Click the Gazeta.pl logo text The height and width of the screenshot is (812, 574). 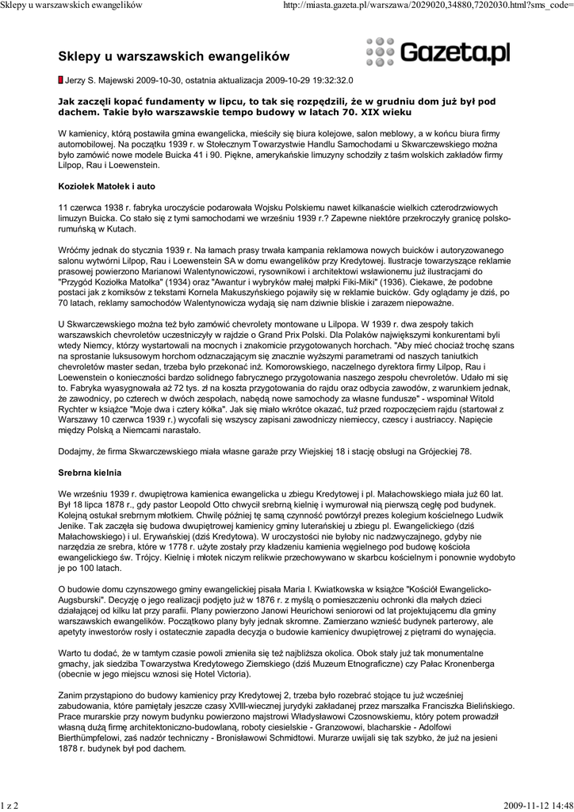(456, 54)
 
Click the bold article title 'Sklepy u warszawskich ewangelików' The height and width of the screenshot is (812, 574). (174, 57)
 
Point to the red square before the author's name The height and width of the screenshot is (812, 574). (60, 80)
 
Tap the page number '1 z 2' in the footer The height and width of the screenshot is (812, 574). (10, 806)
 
